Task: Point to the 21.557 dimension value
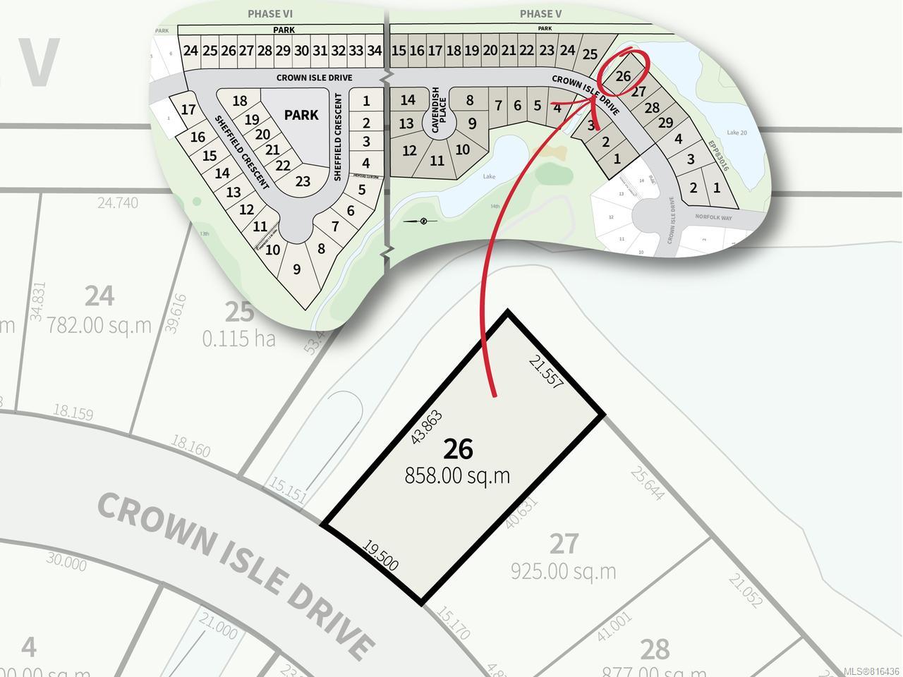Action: pyautogui.click(x=546, y=372)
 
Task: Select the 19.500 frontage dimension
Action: pyautogui.click(x=380, y=555)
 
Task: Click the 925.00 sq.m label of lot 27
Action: pyautogui.click(x=563, y=571)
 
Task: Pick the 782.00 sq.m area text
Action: pyautogui.click(x=99, y=325)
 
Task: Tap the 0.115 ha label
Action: pyautogui.click(x=238, y=338)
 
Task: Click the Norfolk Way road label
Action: pyautogui.click(x=713, y=218)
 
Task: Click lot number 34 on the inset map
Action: pyautogui.click(x=375, y=51)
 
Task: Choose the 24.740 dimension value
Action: pyautogui.click(x=118, y=203)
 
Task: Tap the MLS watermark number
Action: pyautogui.click(x=872, y=671)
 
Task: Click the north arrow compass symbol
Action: pyautogui.click(x=423, y=221)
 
